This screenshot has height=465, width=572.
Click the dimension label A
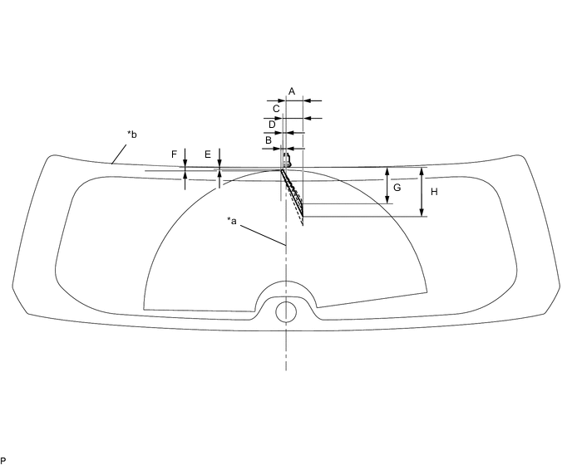291,91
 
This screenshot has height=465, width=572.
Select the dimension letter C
276,108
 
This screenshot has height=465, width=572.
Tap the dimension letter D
272,124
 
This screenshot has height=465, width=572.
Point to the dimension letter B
269,141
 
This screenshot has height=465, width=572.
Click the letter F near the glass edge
174,154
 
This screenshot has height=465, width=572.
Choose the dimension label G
397,188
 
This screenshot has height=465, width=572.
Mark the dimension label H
432,190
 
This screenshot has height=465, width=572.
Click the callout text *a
233,221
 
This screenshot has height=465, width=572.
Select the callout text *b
131,134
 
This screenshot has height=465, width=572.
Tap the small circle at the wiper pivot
285,311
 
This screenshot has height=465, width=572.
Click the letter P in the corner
3,459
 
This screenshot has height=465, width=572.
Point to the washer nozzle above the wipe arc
286,158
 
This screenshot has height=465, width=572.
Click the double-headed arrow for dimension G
387,186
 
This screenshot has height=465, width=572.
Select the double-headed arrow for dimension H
422,192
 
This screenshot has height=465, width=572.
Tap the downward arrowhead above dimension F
185,161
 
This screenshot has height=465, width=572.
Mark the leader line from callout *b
119,151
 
